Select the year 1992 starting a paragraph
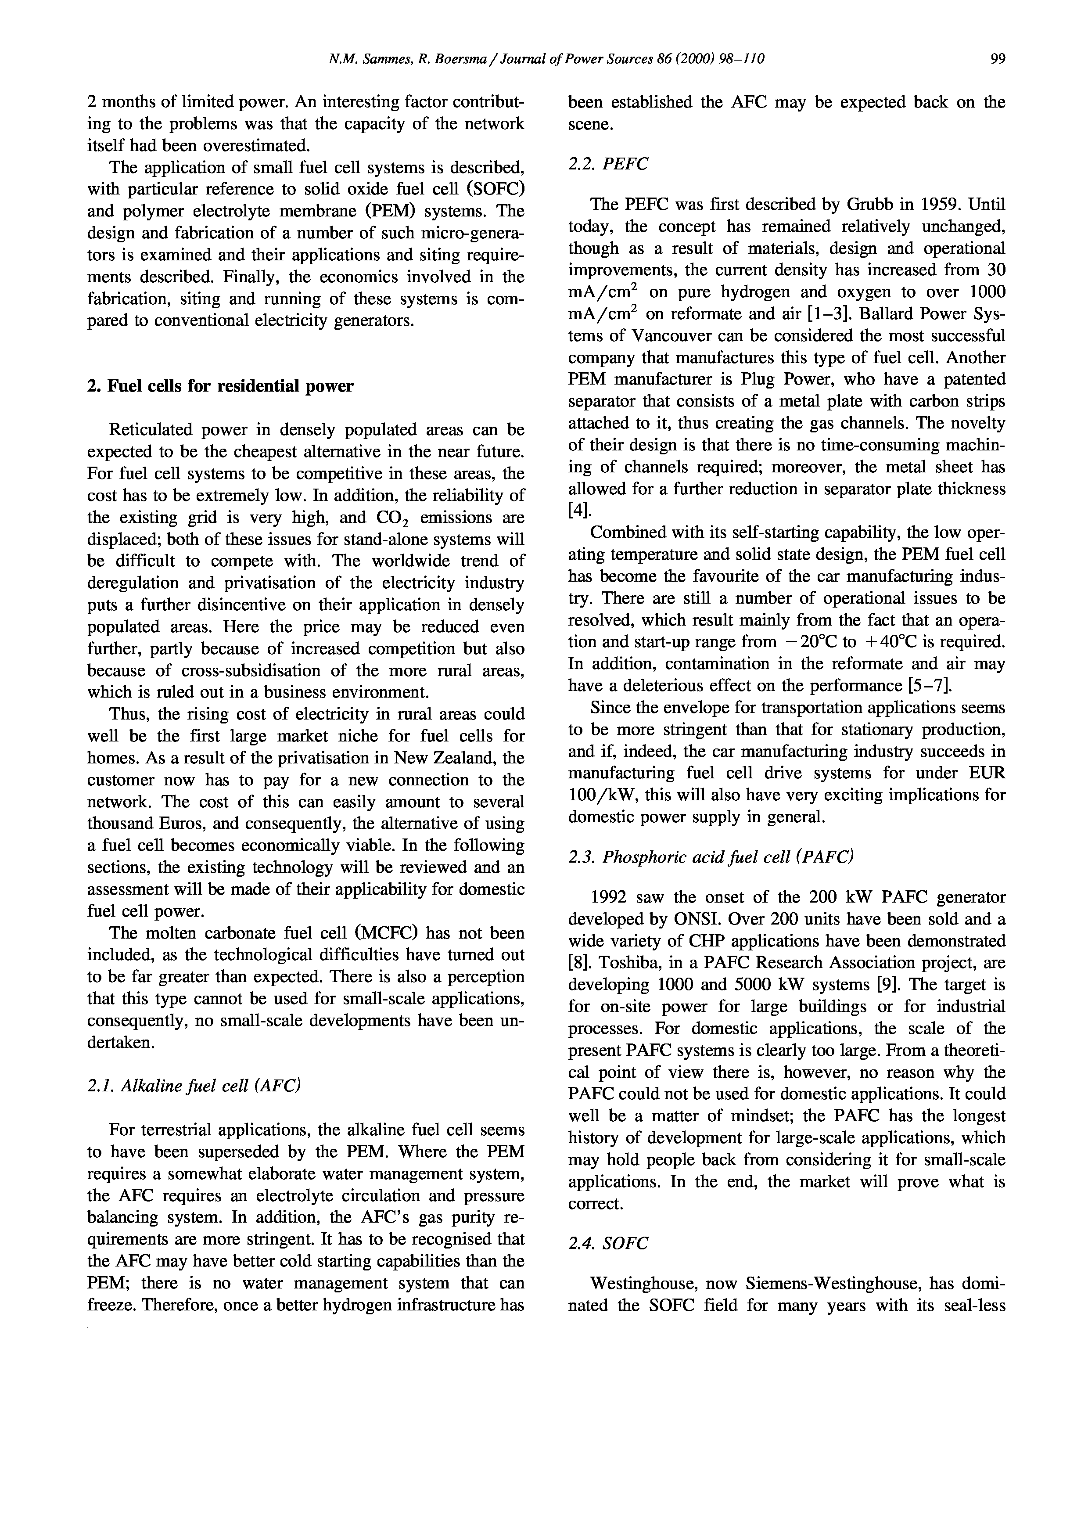(x=608, y=897)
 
